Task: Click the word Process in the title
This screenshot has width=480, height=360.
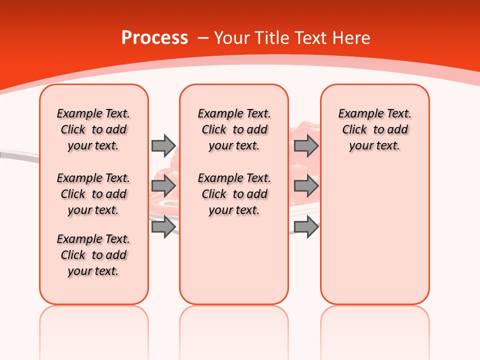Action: coord(154,38)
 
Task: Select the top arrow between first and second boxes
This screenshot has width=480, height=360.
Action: coord(163,145)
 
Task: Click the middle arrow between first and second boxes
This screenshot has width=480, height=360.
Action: coord(163,186)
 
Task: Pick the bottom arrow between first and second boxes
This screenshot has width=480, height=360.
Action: coord(163,226)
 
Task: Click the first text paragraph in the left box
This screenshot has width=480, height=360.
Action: coord(93,129)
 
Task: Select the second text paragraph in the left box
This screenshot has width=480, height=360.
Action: coord(93,194)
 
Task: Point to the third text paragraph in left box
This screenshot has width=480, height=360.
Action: coord(93,255)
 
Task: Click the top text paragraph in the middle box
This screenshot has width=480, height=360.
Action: coord(234,129)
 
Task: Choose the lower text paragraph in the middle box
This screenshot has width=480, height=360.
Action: coord(234,194)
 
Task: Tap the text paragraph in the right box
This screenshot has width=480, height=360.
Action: coord(374,129)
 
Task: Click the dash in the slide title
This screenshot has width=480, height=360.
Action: coord(203,38)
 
